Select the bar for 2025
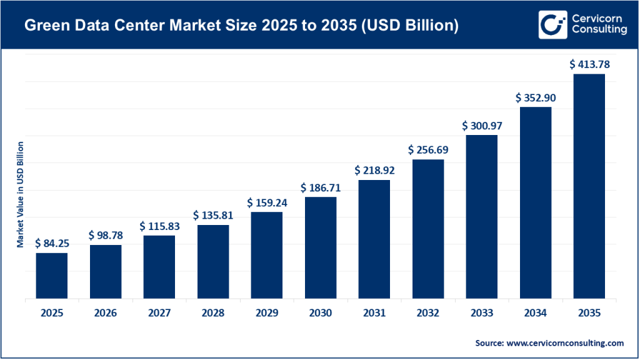coord(52,276)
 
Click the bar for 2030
coord(321,248)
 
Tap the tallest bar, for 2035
coord(589,186)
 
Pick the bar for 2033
coord(482,217)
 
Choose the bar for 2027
coord(159,267)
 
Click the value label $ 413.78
coord(589,64)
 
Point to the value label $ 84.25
coord(52,242)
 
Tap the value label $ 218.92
coord(375,169)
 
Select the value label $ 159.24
coord(267,202)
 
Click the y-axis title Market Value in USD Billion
coord(20,194)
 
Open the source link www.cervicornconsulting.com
coord(566,343)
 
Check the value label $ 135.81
coord(214,214)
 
